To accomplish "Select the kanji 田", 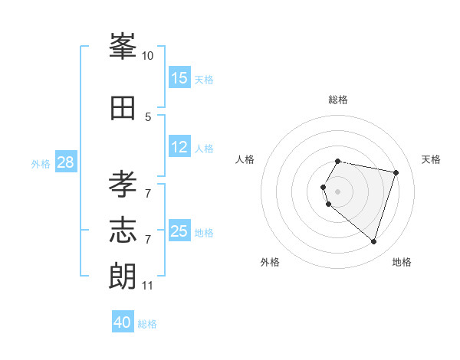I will click(123, 108).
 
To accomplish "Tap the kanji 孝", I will click(123, 185).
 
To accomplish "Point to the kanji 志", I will click(123, 231).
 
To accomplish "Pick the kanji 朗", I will click(123, 277).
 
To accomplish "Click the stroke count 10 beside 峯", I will click(148, 56).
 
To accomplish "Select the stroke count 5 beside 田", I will click(148, 117).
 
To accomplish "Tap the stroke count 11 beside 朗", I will click(147, 286).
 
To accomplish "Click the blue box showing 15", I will click(179, 78).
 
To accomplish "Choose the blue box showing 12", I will click(179, 147).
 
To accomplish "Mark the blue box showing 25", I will click(179, 231).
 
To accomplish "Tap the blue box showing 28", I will click(65, 162).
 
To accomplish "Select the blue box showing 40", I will click(123, 322).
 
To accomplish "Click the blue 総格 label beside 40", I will click(147, 324).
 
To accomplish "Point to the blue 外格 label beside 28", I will click(41, 164).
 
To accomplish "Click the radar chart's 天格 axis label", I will click(431, 159).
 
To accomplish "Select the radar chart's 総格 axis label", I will click(338, 100).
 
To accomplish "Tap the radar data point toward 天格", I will click(396, 172).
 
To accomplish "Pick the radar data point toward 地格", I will click(373, 242).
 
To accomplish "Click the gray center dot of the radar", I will click(338, 191).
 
